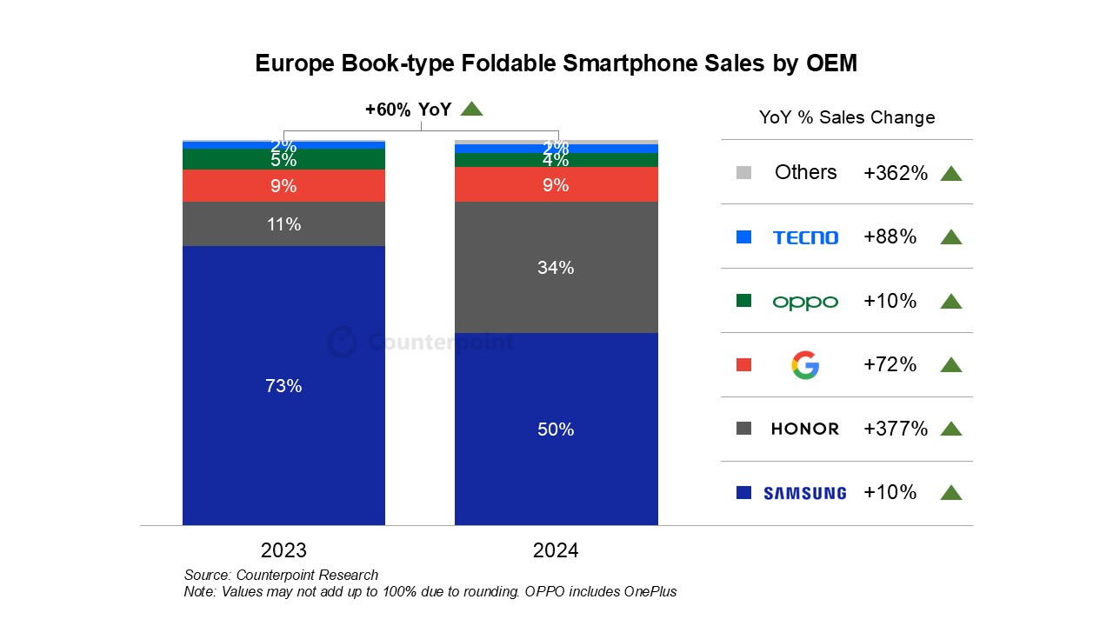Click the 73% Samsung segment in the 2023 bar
pyautogui.click(x=283, y=385)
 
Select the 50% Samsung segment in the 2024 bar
pyautogui.click(x=556, y=429)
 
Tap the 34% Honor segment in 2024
pyautogui.click(x=556, y=268)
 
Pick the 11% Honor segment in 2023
pyautogui.click(x=283, y=224)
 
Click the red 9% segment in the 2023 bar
pyautogui.click(x=283, y=186)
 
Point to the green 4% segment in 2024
pyautogui.click(x=556, y=160)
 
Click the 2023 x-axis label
pyautogui.click(x=283, y=550)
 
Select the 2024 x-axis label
pyautogui.click(x=556, y=550)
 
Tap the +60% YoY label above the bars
pyautogui.click(x=408, y=110)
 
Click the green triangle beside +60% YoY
pyautogui.click(x=471, y=109)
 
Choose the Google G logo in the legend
pyautogui.click(x=805, y=365)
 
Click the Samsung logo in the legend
pyautogui.click(x=804, y=493)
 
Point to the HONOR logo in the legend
pyautogui.click(x=805, y=429)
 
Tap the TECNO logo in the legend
pyautogui.click(x=805, y=237)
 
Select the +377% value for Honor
pyautogui.click(x=895, y=429)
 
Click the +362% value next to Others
pyautogui.click(x=895, y=173)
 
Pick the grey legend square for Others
pyautogui.click(x=743, y=173)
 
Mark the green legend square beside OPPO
pyautogui.click(x=743, y=301)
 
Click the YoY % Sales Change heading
pyautogui.click(x=846, y=117)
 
